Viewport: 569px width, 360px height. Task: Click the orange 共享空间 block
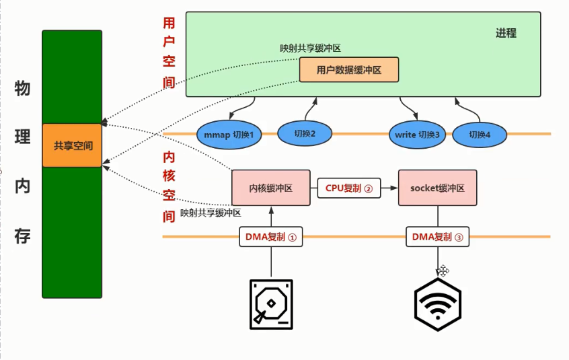click(x=72, y=145)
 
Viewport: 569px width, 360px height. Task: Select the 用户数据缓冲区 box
click(x=348, y=69)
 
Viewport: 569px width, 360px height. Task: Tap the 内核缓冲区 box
click(x=270, y=188)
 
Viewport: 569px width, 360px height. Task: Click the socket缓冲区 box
click(x=437, y=188)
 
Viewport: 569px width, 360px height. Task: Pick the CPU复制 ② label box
click(x=349, y=188)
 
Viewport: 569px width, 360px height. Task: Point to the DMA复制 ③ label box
click(x=439, y=237)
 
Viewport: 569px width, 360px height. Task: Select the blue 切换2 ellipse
click(x=304, y=133)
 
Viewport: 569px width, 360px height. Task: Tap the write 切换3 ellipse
click(x=417, y=135)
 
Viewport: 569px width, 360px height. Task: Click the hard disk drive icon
click(x=272, y=304)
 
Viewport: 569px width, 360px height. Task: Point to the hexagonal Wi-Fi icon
click(x=437, y=305)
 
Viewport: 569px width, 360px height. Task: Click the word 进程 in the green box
click(x=506, y=33)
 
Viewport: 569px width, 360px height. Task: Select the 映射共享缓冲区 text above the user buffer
click(x=311, y=48)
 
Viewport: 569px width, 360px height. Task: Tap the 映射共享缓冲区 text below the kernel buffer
click(x=211, y=213)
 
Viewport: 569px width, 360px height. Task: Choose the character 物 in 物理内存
click(x=22, y=88)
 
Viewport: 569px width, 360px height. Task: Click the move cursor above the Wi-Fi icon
click(x=443, y=271)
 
